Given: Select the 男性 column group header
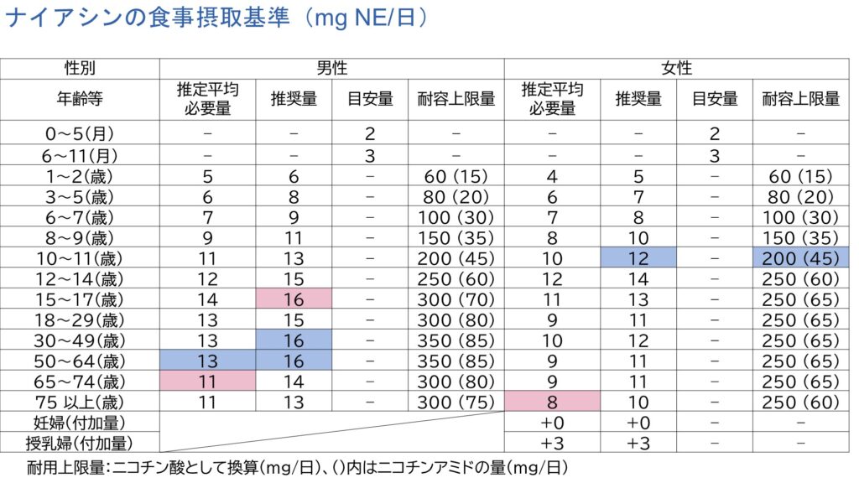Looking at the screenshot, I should (332, 69).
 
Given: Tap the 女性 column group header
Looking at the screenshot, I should (676, 69).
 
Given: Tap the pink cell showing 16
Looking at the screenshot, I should (294, 299).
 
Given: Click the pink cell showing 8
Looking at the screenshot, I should (552, 402).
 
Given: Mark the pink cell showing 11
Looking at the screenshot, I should (208, 381).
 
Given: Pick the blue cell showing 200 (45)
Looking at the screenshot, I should (801, 257).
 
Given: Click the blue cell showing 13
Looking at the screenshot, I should (208, 361).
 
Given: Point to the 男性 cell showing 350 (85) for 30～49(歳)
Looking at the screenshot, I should (456, 340).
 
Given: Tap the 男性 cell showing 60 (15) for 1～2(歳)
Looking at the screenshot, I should (456, 177).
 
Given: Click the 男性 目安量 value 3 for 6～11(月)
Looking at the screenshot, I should (370, 155).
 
